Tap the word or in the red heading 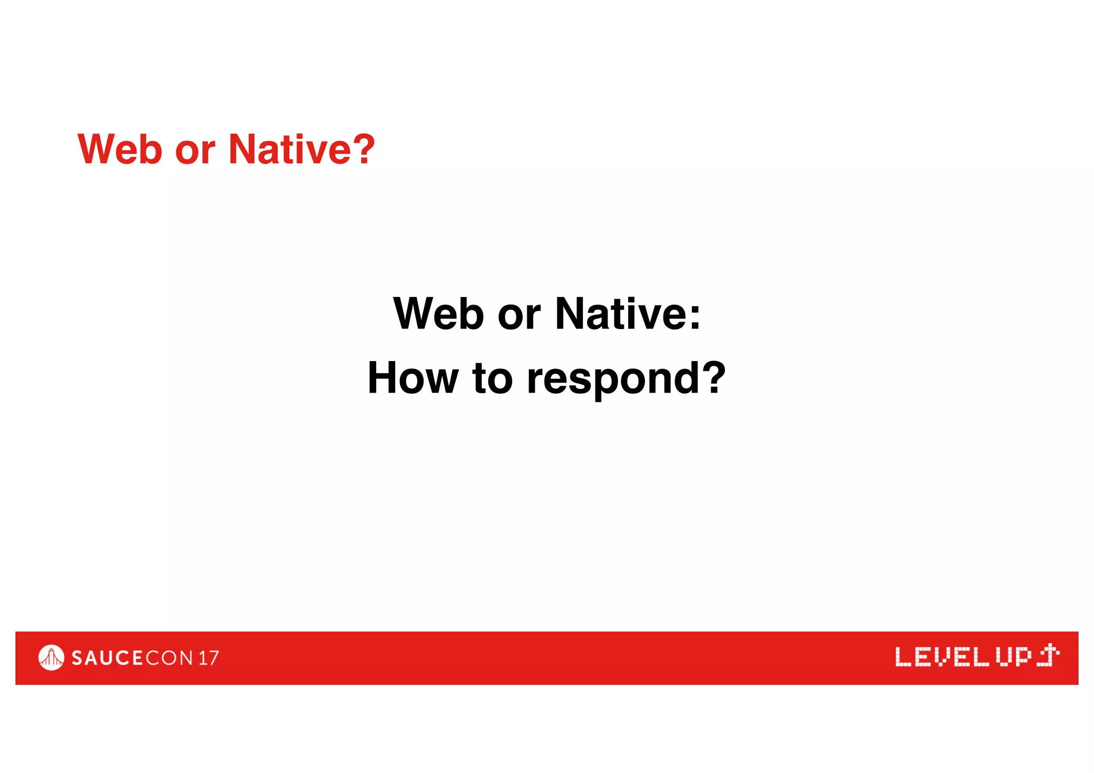pyautogui.click(x=195, y=151)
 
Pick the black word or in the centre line pyautogui.click(x=519, y=315)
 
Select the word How pyautogui.click(x=412, y=378)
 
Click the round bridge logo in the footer pyautogui.click(x=51, y=658)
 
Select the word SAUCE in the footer pyautogui.click(x=107, y=658)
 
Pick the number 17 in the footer pyautogui.click(x=208, y=658)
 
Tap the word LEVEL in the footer pyautogui.click(x=942, y=657)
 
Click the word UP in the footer pyautogui.click(x=1013, y=657)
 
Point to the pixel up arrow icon pyautogui.click(x=1048, y=655)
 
